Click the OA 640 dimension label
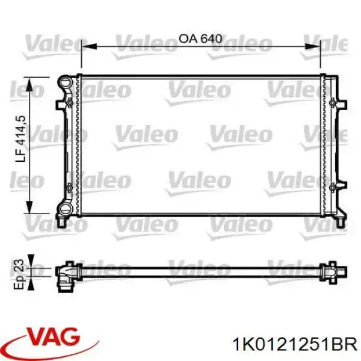pyautogui.click(x=200, y=39)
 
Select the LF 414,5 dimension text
pyautogui.click(x=20, y=138)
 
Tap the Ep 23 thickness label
pyautogui.click(x=19, y=274)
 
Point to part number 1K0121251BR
pyautogui.click(x=295, y=345)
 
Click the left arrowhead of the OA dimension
pyautogui.click(x=89, y=46)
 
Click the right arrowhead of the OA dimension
pyautogui.click(x=312, y=46)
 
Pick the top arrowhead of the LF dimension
pyautogui.click(x=29, y=84)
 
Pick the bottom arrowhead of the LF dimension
pyautogui.click(x=29, y=207)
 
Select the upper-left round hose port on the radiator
pyautogui.click(x=65, y=81)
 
